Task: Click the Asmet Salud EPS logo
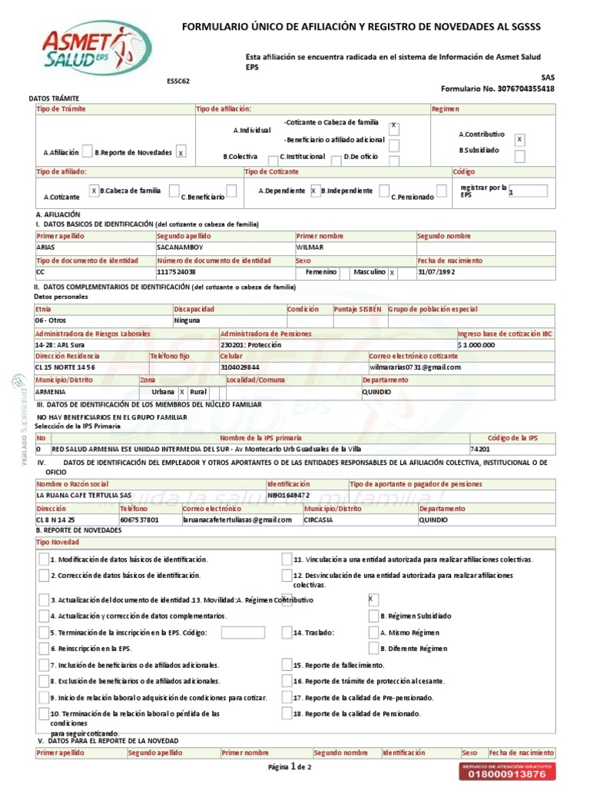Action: tap(96, 47)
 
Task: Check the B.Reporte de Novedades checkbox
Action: tap(181, 152)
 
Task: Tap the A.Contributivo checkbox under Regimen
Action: tap(519, 139)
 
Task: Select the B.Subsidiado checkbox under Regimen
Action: tap(519, 157)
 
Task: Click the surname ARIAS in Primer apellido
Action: tap(45, 248)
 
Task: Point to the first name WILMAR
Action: tap(310, 248)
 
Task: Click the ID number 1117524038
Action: tap(176, 272)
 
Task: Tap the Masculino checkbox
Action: tap(392, 272)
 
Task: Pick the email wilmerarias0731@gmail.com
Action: tap(415, 367)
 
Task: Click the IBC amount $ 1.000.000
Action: tap(476, 345)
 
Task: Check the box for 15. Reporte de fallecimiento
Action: tap(287, 665)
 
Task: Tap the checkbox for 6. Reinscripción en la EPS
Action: tap(44, 649)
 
